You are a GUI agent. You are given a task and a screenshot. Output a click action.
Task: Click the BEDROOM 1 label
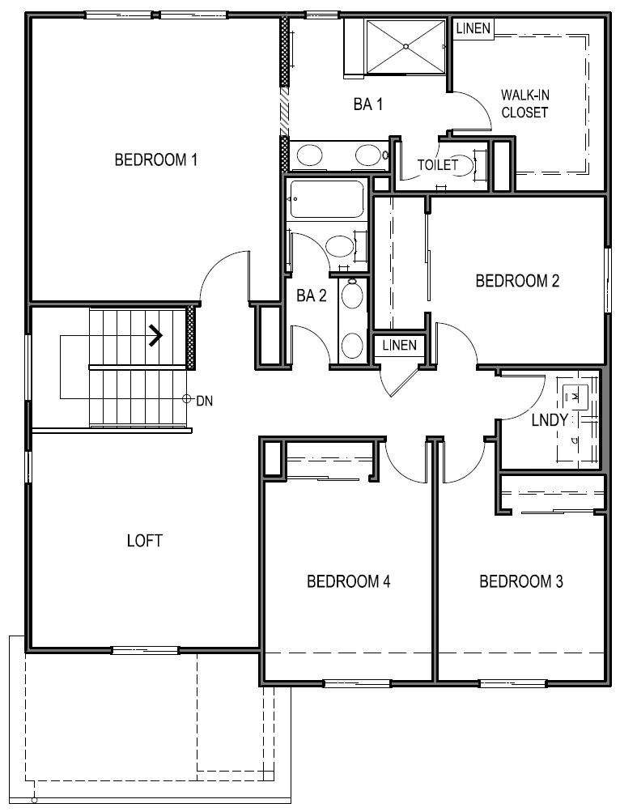tap(156, 159)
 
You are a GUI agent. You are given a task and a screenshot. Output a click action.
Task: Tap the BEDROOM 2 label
tap(517, 281)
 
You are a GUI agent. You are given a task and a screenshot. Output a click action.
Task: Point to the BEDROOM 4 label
tap(349, 581)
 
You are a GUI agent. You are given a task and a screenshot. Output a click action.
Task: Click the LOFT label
tap(145, 540)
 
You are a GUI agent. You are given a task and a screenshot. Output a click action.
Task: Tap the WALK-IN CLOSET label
tap(524, 104)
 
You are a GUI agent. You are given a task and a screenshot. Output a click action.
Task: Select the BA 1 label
tap(367, 104)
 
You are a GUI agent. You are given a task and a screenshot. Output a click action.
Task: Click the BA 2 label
tap(312, 295)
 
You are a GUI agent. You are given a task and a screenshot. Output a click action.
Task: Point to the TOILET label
tap(437, 165)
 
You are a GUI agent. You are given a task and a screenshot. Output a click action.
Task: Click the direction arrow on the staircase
tap(155, 334)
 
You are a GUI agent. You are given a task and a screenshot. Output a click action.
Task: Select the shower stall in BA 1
tap(405, 45)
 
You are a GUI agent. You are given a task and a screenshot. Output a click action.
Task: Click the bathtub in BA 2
tap(327, 199)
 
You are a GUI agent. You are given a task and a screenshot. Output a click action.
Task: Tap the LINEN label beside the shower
tap(473, 28)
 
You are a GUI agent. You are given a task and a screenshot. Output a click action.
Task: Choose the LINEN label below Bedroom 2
tap(399, 346)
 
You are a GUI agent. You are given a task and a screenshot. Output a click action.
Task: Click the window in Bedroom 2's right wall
tap(607, 279)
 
